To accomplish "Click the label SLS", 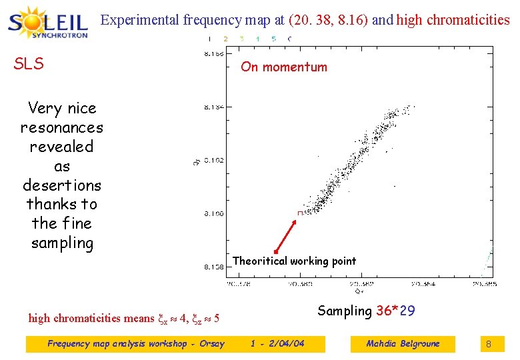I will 29,64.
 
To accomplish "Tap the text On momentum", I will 284,67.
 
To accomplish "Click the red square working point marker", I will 300,213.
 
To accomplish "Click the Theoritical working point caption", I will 294,261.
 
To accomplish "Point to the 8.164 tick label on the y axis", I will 214,107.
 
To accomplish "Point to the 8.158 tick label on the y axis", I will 214,267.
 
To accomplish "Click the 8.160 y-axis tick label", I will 214,213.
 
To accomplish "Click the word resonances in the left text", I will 61,127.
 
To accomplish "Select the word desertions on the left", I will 61,185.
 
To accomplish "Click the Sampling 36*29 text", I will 366,311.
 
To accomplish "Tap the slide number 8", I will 488,344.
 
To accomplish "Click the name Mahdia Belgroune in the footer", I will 403,344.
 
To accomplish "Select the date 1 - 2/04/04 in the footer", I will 277,344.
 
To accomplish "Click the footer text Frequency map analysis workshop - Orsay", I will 136,344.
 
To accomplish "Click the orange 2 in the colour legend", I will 225,39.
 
